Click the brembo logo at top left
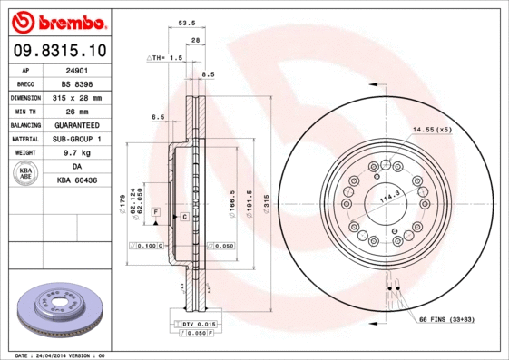click(57, 20)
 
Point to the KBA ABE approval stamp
click(25, 174)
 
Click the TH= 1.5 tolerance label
click(166, 56)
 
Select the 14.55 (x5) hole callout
click(432, 130)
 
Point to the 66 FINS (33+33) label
click(445, 320)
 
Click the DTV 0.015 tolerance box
click(194, 324)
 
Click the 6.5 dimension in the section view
click(157, 117)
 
